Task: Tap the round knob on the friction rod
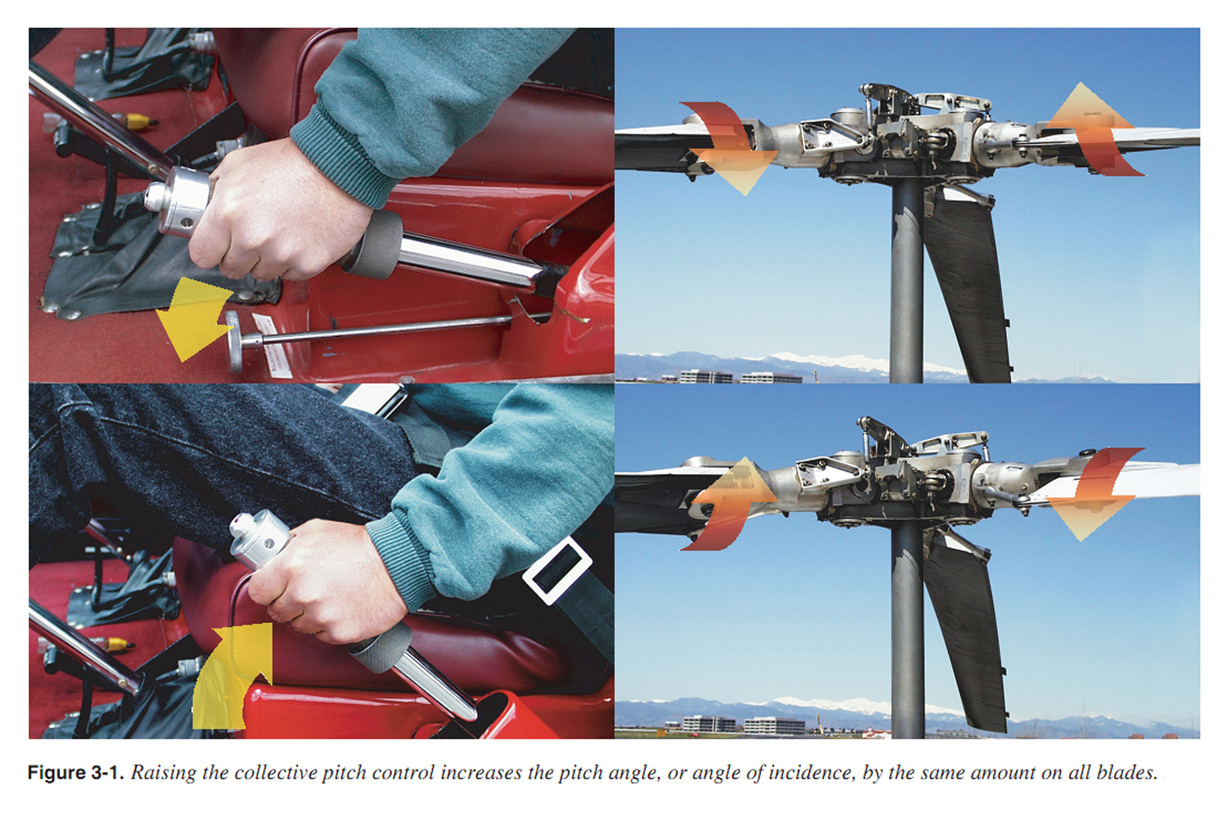[x=233, y=342]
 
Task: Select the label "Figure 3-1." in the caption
[x=75, y=772]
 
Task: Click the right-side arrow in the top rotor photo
[x=1090, y=130]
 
